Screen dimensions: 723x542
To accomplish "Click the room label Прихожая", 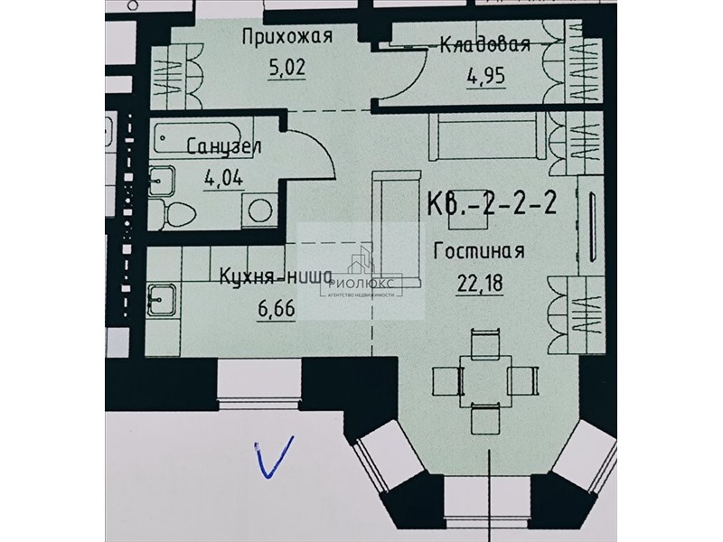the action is [x=287, y=37].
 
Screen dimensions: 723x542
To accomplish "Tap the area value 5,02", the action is [x=286, y=68].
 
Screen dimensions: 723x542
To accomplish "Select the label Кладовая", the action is [x=485, y=44].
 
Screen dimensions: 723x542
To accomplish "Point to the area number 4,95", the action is [x=486, y=76].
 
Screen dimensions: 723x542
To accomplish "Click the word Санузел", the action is [x=224, y=146].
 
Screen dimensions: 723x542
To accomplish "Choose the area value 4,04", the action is [x=223, y=177].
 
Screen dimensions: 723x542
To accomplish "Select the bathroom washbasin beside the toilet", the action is [x=162, y=180].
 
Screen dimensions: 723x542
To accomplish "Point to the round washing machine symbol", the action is [x=260, y=210].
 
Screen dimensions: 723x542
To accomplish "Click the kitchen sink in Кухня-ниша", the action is [x=162, y=299].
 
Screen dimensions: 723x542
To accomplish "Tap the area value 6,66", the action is [x=277, y=308].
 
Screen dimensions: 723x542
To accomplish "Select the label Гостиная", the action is [x=479, y=252].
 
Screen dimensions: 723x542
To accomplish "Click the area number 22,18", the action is [x=480, y=283].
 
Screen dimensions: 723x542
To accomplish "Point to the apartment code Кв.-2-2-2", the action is [x=492, y=202].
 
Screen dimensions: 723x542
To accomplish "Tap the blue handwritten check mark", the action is [x=274, y=456].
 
